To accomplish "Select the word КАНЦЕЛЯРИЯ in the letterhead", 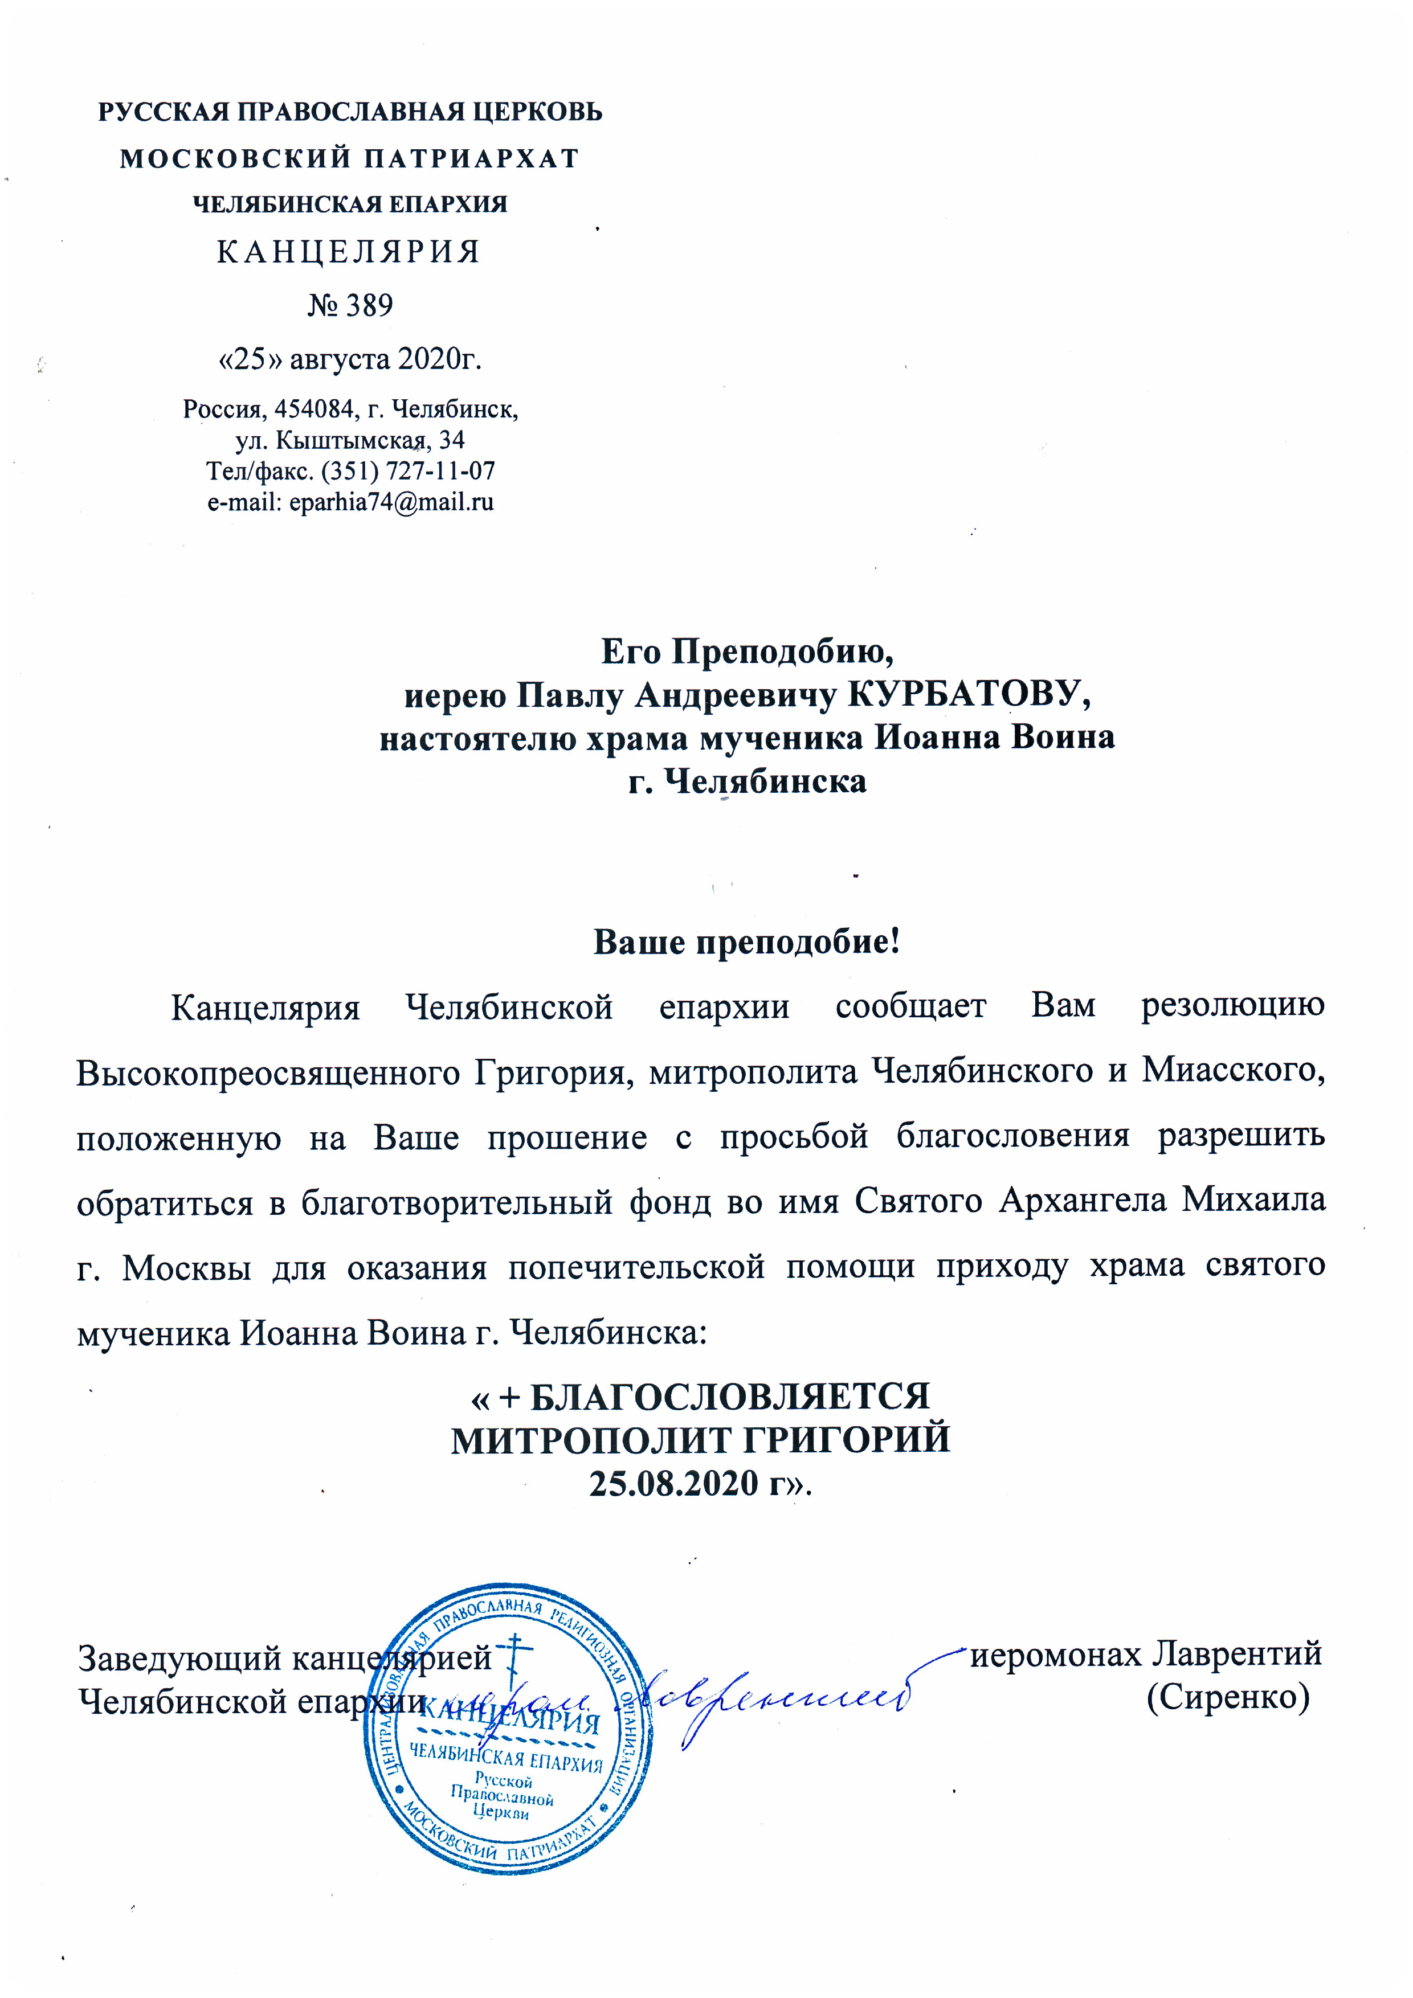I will click(348, 252).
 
